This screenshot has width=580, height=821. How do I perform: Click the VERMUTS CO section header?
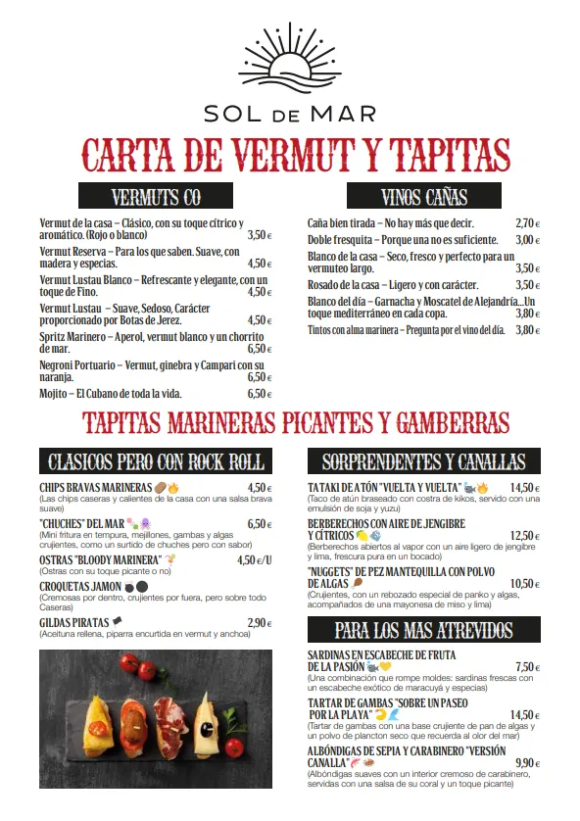point(156,197)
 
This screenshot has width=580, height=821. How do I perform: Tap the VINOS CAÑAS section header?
point(423,197)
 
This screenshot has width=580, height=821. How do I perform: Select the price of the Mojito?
point(259,394)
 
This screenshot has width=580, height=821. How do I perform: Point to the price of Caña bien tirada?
point(528,223)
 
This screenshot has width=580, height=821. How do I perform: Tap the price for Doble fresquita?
point(528,240)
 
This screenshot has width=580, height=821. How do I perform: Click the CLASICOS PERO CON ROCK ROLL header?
point(156,462)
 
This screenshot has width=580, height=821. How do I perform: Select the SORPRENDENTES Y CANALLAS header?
point(423,462)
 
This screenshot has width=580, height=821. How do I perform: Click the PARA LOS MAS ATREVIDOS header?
point(423,629)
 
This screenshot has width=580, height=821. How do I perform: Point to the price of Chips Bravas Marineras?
point(259,488)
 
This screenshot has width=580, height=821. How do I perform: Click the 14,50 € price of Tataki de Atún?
point(525,488)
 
